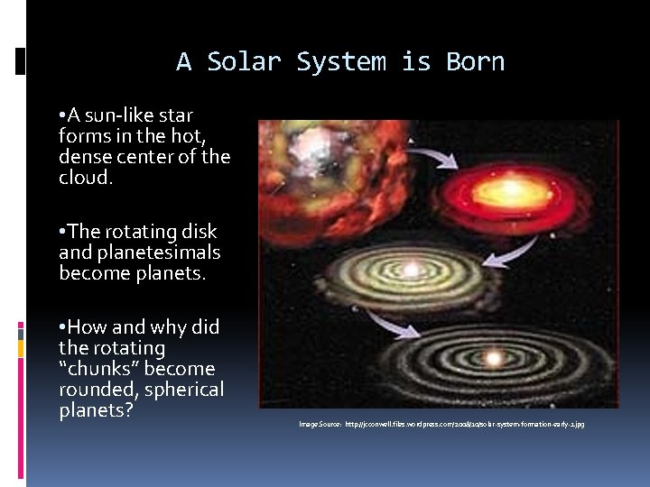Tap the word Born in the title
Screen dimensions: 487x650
click(475, 62)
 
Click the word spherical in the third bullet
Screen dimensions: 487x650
click(182, 390)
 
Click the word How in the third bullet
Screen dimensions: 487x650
click(90, 326)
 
